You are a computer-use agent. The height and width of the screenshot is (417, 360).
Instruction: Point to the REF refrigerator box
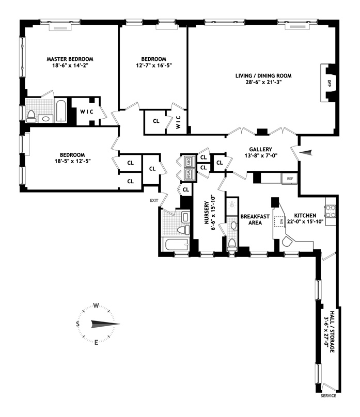290,179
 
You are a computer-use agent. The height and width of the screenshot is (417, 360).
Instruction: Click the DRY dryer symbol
189,161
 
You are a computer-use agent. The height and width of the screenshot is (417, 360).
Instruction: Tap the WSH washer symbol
189,173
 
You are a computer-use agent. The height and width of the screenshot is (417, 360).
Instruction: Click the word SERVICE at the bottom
328,396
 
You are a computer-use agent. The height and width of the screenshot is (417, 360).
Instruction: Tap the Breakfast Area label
252,220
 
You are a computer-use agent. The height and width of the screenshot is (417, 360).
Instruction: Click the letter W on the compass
96,305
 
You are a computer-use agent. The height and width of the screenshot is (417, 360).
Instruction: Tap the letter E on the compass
96,343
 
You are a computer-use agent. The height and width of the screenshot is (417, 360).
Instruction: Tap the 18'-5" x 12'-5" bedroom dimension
68,162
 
